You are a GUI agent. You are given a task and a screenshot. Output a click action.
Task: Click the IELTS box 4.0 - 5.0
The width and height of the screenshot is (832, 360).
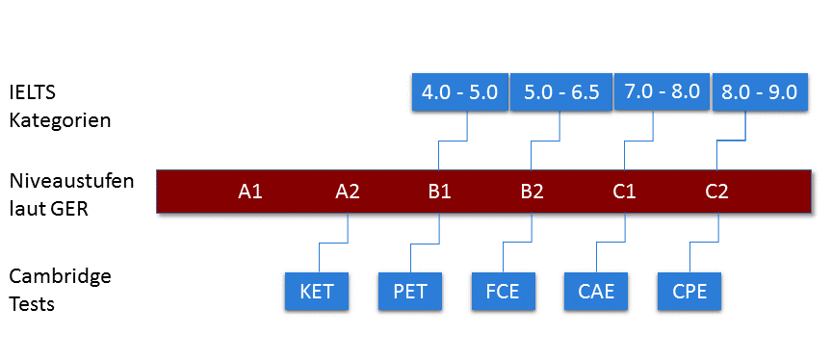459,92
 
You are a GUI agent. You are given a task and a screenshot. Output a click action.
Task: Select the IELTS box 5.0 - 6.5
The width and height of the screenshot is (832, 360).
561,92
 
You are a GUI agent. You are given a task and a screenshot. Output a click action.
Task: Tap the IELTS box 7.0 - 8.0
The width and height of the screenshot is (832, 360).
662,92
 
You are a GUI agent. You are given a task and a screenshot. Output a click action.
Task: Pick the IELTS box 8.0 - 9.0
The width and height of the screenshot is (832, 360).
759,92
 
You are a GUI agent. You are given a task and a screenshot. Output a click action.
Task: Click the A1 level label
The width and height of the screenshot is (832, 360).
250,191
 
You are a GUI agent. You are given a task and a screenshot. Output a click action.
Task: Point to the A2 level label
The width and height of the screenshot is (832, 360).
348,191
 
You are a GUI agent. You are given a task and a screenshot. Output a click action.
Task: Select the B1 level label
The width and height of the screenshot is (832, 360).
439,191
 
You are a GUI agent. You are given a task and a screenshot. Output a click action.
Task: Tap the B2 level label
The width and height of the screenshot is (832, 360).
532,191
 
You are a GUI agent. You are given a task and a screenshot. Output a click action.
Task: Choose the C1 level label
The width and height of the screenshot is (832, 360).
624,191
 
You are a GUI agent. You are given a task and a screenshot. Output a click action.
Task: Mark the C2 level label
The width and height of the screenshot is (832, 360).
716,191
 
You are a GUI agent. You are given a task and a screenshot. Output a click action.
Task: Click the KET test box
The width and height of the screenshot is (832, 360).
317,292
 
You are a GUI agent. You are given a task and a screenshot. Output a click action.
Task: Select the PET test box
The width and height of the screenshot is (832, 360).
409,292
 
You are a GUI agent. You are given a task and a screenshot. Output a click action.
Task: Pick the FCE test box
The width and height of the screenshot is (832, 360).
502,292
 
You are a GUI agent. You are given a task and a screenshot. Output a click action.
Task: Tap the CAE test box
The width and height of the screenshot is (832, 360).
595,292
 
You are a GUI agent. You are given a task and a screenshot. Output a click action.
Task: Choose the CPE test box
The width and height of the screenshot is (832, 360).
689,292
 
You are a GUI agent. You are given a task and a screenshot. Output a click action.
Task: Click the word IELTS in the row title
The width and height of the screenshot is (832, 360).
35,94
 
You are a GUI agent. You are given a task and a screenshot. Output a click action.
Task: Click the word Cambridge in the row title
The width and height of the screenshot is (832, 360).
60,277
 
